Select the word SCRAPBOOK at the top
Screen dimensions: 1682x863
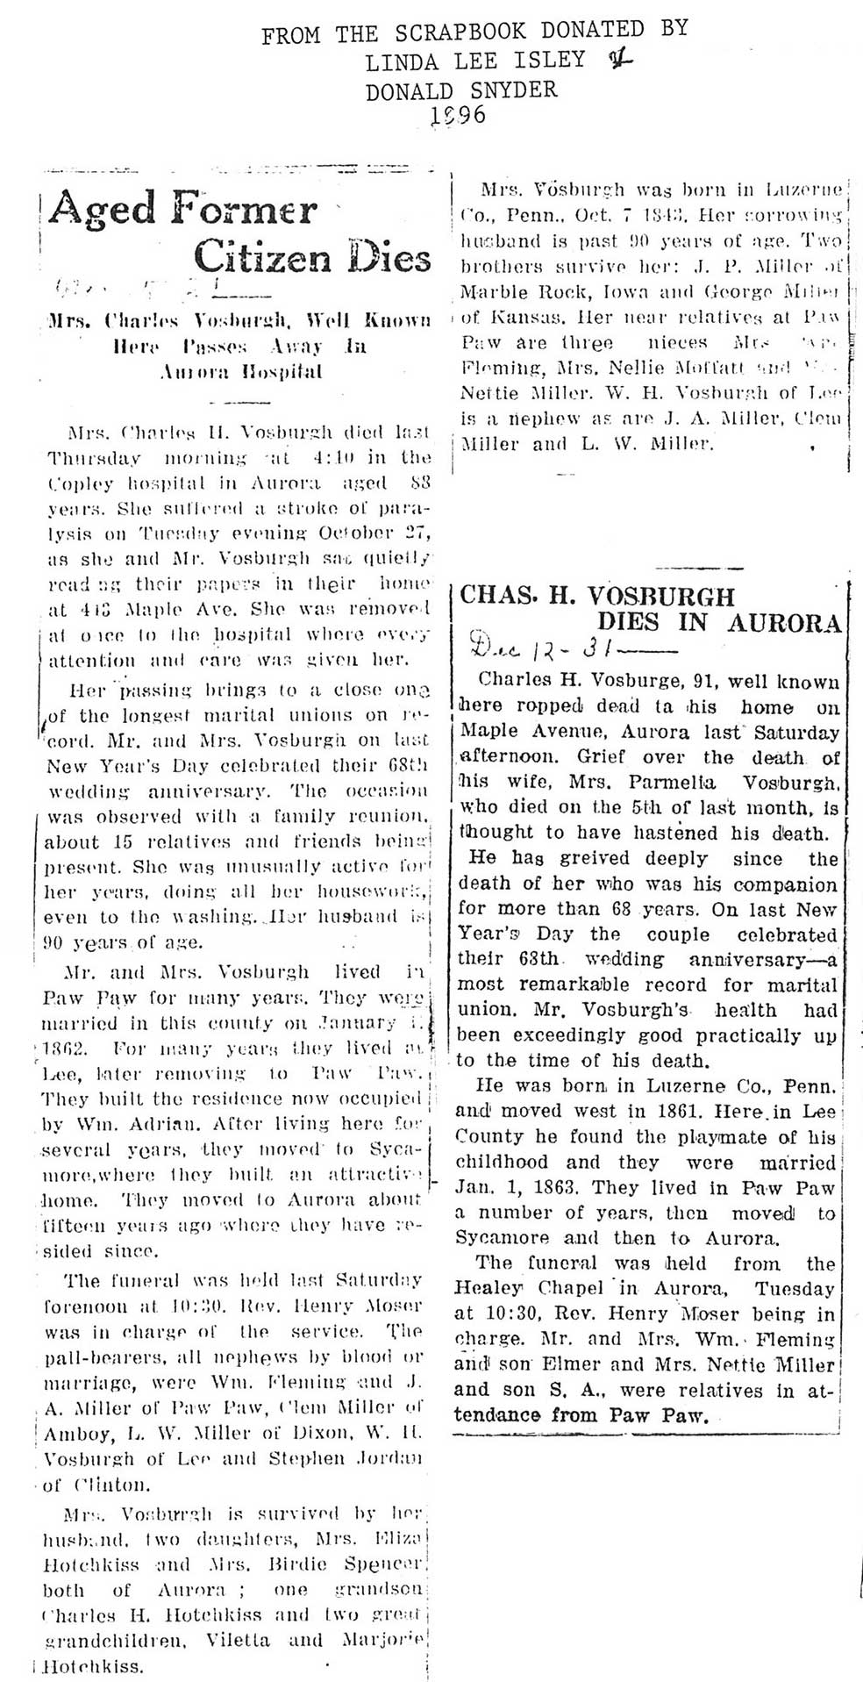pyautogui.click(x=460, y=32)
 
